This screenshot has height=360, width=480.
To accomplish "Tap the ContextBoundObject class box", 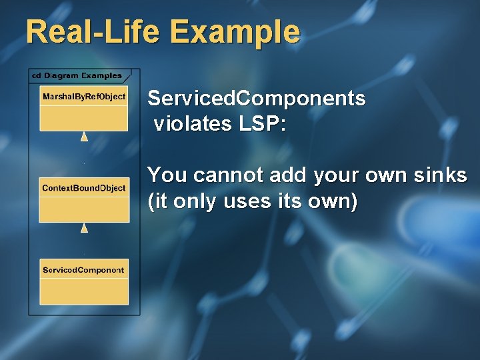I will click(84, 200).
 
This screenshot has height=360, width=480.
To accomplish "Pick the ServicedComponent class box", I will click(84, 281).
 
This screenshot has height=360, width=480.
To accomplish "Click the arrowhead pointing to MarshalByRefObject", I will click(84, 137).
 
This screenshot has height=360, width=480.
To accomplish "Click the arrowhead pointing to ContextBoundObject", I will click(84, 228).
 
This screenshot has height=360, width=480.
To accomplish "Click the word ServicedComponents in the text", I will click(257, 99).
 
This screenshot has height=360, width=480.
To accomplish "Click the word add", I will click(281, 175).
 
